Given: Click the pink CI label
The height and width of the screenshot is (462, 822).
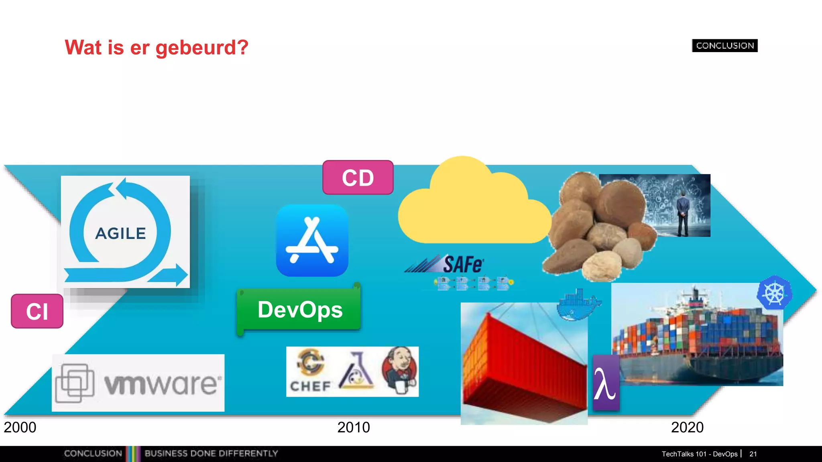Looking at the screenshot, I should tap(37, 311).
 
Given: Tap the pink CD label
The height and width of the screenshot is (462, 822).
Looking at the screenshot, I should tap(358, 178).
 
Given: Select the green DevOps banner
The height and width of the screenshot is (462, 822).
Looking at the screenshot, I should tap(299, 310).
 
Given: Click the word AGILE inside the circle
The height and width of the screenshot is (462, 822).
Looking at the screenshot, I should tap(120, 233).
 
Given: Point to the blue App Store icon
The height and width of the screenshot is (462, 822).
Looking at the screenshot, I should tap(312, 240).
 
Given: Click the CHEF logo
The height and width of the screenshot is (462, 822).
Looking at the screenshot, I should tap(310, 371).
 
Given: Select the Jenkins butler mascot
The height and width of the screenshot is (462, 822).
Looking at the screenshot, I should tap(400, 371).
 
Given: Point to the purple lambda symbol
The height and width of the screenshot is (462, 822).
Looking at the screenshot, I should tap(605, 383).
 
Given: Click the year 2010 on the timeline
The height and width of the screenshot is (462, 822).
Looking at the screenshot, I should tap(354, 428).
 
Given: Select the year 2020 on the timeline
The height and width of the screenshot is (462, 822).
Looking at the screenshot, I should tap(687, 428).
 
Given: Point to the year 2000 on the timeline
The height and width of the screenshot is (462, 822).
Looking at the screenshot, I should tap(20, 428).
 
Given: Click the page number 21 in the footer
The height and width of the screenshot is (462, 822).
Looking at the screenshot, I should tap(753, 454).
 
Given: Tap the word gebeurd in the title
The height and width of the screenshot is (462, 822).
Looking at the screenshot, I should tap(201, 48).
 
